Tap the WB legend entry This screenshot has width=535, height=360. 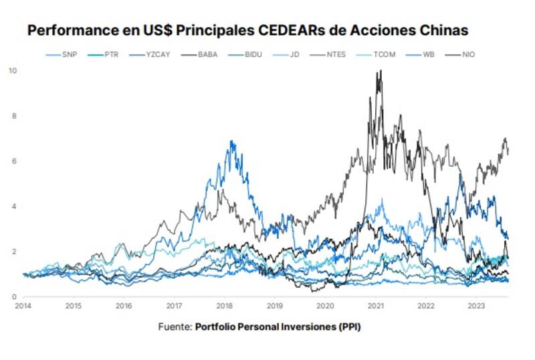pos(427,54)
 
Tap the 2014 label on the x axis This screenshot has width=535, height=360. pos(23,306)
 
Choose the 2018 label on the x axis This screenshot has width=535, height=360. pos(225,306)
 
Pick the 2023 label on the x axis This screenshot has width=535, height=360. pos(476,306)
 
